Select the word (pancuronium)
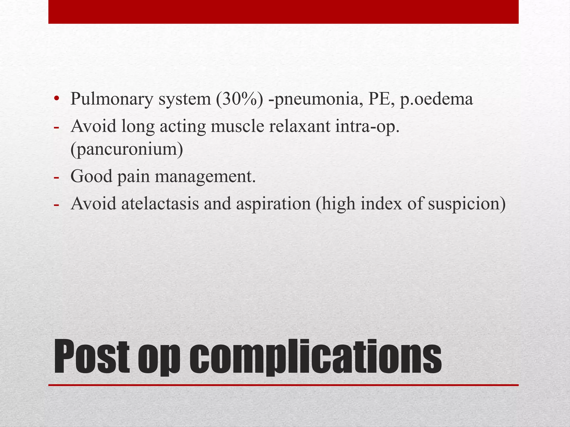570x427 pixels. pyautogui.click(x=127, y=149)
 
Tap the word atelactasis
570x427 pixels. pyautogui.click(x=160, y=203)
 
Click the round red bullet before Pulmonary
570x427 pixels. pyautogui.click(x=57, y=99)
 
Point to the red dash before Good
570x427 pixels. pyautogui.click(x=56, y=177)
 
